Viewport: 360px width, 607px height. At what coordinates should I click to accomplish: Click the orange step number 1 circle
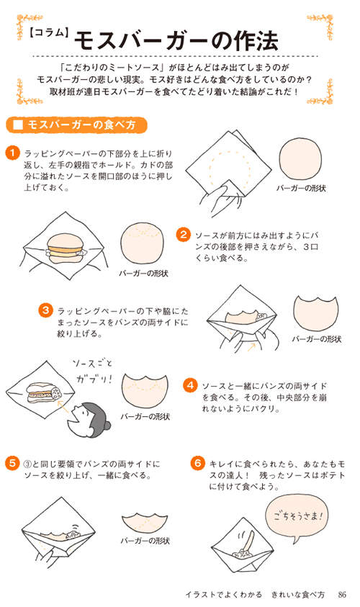(11, 153)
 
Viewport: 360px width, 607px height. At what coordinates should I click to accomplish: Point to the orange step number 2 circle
(184, 235)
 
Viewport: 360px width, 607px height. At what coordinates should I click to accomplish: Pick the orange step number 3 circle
(45, 310)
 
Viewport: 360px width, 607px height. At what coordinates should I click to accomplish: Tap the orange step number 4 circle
(189, 385)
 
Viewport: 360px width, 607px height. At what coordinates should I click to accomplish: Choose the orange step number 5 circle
(11, 462)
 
